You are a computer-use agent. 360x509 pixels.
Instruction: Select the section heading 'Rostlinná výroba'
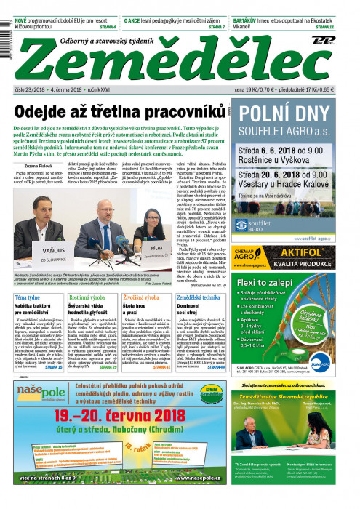[85, 297]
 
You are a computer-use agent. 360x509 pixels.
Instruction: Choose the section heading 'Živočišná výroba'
[140, 297]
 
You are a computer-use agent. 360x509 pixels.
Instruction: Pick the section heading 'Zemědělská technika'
[196, 297]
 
